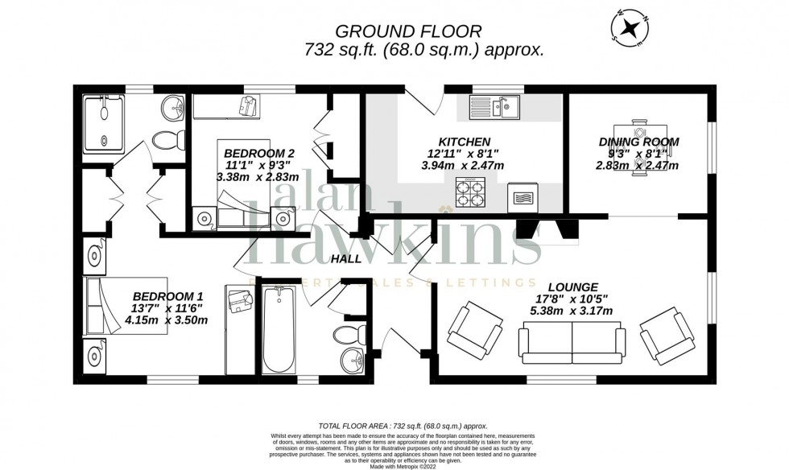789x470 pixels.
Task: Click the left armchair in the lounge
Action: click(x=472, y=331)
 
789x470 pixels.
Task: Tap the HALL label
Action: click(x=347, y=258)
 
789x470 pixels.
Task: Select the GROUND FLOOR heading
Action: click(x=408, y=31)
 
